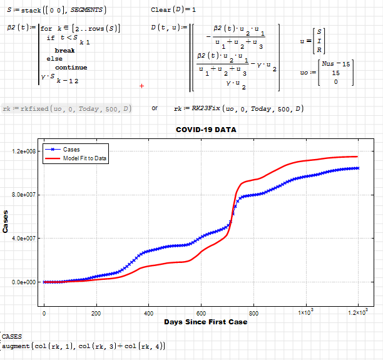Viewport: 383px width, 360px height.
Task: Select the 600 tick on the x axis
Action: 201,312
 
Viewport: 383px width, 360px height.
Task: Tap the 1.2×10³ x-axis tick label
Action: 357,312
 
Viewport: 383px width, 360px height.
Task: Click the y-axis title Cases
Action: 6,222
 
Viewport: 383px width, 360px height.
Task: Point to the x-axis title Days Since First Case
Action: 205,322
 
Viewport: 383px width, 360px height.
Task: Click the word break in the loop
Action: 64,50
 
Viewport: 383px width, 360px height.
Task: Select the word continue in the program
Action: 71,67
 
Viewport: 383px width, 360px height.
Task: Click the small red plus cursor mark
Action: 141,86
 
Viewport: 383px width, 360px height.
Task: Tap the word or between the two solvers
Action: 155,108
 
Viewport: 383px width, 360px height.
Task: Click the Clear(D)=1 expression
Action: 173,10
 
